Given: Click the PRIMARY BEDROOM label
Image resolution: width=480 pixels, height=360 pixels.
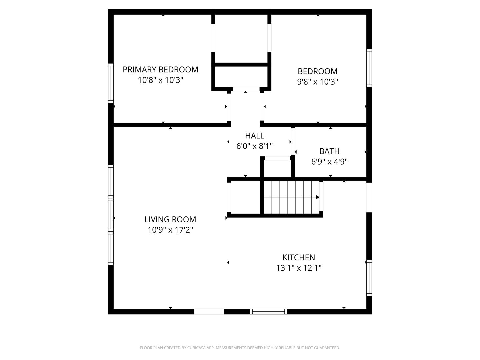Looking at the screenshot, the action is [x=160, y=70].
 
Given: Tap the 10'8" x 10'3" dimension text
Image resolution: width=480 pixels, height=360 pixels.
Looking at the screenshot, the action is [x=160, y=80].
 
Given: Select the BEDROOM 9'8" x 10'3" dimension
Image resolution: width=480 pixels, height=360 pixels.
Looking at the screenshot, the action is [x=318, y=82].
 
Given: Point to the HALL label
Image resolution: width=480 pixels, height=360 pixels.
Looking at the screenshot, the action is [x=255, y=136].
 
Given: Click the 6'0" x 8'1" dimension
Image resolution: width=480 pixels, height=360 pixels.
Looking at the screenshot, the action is [x=255, y=146].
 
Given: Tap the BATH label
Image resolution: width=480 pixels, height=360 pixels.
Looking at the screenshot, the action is [x=329, y=151].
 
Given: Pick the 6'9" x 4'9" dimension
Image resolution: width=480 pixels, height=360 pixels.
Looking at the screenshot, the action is [x=329, y=162].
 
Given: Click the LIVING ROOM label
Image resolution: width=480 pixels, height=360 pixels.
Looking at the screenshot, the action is [x=170, y=219].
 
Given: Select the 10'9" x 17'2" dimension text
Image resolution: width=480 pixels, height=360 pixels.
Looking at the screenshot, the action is [x=170, y=230].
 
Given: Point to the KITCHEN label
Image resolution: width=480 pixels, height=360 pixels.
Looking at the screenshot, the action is [x=299, y=257].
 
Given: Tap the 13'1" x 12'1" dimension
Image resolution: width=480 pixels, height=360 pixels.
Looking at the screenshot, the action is [x=299, y=268].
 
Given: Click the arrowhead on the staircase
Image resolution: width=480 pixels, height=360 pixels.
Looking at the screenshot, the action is [x=318, y=197].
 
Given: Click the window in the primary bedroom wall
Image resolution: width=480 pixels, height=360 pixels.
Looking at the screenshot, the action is [x=111, y=83].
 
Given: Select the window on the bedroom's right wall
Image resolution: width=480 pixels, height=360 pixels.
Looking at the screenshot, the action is [x=369, y=68].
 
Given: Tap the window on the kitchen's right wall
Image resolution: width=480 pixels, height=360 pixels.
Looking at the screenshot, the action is [x=369, y=278].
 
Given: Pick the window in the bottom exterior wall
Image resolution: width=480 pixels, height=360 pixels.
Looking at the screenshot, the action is [x=269, y=311].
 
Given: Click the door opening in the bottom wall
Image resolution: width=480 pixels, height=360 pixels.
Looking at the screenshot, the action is [x=209, y=311].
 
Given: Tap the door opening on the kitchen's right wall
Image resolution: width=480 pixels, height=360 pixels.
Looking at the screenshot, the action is [x=369, y=197].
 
